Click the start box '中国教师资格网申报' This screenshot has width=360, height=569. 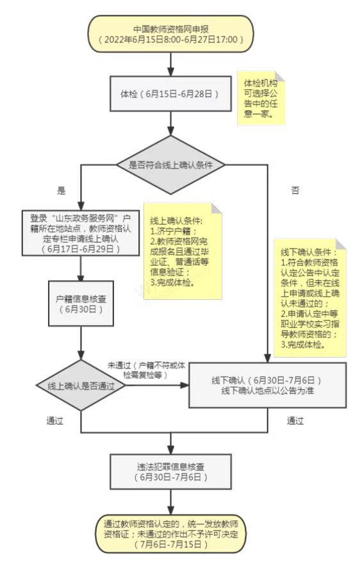pos(170,35)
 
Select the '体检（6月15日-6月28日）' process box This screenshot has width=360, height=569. pos(170,94)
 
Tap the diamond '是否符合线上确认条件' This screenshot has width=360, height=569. pos(170,165)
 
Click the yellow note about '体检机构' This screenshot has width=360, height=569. pos(261,98)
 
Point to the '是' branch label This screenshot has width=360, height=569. pos(61,190)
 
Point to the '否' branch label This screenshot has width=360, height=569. pos(295,190)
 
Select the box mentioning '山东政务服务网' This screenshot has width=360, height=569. pos(81,233)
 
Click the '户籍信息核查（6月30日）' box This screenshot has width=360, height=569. pos(81,303)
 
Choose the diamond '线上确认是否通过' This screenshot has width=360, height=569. pos(81,385)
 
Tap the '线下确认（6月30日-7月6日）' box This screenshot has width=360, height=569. pos(268,385)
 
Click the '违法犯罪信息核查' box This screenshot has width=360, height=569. pos(170,472)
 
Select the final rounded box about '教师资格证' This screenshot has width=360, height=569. pos(170,534)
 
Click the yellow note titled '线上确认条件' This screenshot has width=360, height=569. pos(183,251)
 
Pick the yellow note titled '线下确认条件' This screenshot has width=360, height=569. pos(310,297)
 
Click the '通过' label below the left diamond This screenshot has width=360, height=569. pos(55,421)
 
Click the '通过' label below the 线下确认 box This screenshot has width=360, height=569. pos(295,421)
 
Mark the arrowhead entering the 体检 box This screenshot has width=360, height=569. pos(170,72)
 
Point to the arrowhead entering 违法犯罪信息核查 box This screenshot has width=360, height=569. pos(170,450)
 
